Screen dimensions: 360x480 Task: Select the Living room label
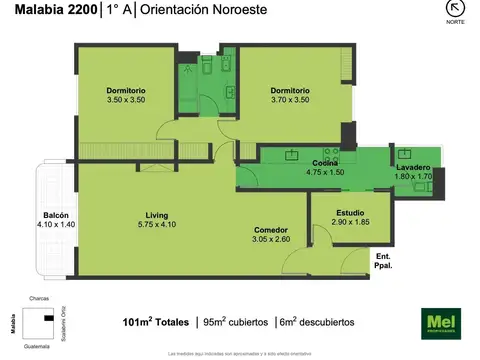156,216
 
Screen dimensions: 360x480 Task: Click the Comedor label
270,229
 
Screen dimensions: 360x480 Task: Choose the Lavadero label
412,167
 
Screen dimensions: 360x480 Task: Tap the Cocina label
324,162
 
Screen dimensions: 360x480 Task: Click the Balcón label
56,215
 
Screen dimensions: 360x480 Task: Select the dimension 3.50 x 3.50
126,100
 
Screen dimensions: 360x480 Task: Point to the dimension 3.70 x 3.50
290,100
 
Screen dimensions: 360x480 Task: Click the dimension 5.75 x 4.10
156,225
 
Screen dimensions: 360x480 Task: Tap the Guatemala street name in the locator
39,344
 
